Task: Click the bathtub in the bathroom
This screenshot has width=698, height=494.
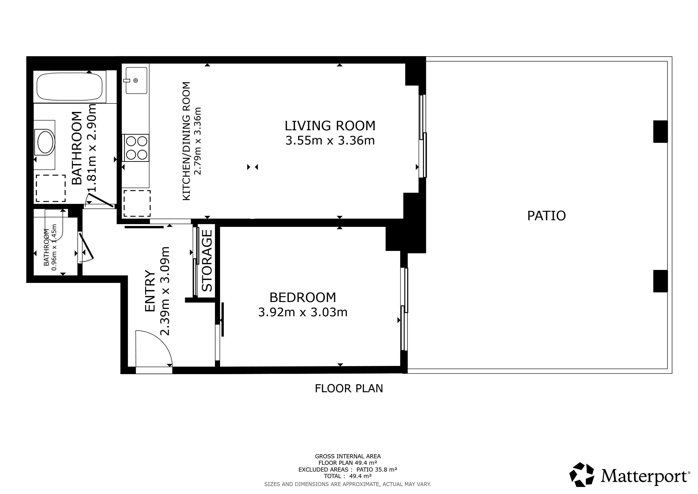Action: point(70,86)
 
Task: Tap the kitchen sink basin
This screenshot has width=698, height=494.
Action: point(136,80)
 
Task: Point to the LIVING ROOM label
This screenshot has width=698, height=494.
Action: point(330,126)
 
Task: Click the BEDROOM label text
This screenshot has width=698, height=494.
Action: point(303,297)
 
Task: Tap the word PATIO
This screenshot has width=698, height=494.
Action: point(546,216)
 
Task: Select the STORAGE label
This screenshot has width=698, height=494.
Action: point(207,261)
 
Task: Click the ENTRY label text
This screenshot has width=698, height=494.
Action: point(150,291)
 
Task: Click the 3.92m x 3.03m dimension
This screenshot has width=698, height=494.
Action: point(303,312)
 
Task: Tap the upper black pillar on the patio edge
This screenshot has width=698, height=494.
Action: point(660,131)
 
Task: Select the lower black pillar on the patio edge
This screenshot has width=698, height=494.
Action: point(660,281)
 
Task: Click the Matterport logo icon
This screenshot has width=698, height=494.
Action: point(582,474)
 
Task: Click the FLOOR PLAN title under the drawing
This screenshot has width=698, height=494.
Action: point(349,388)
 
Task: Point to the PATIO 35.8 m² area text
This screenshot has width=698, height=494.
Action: point(377,469)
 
